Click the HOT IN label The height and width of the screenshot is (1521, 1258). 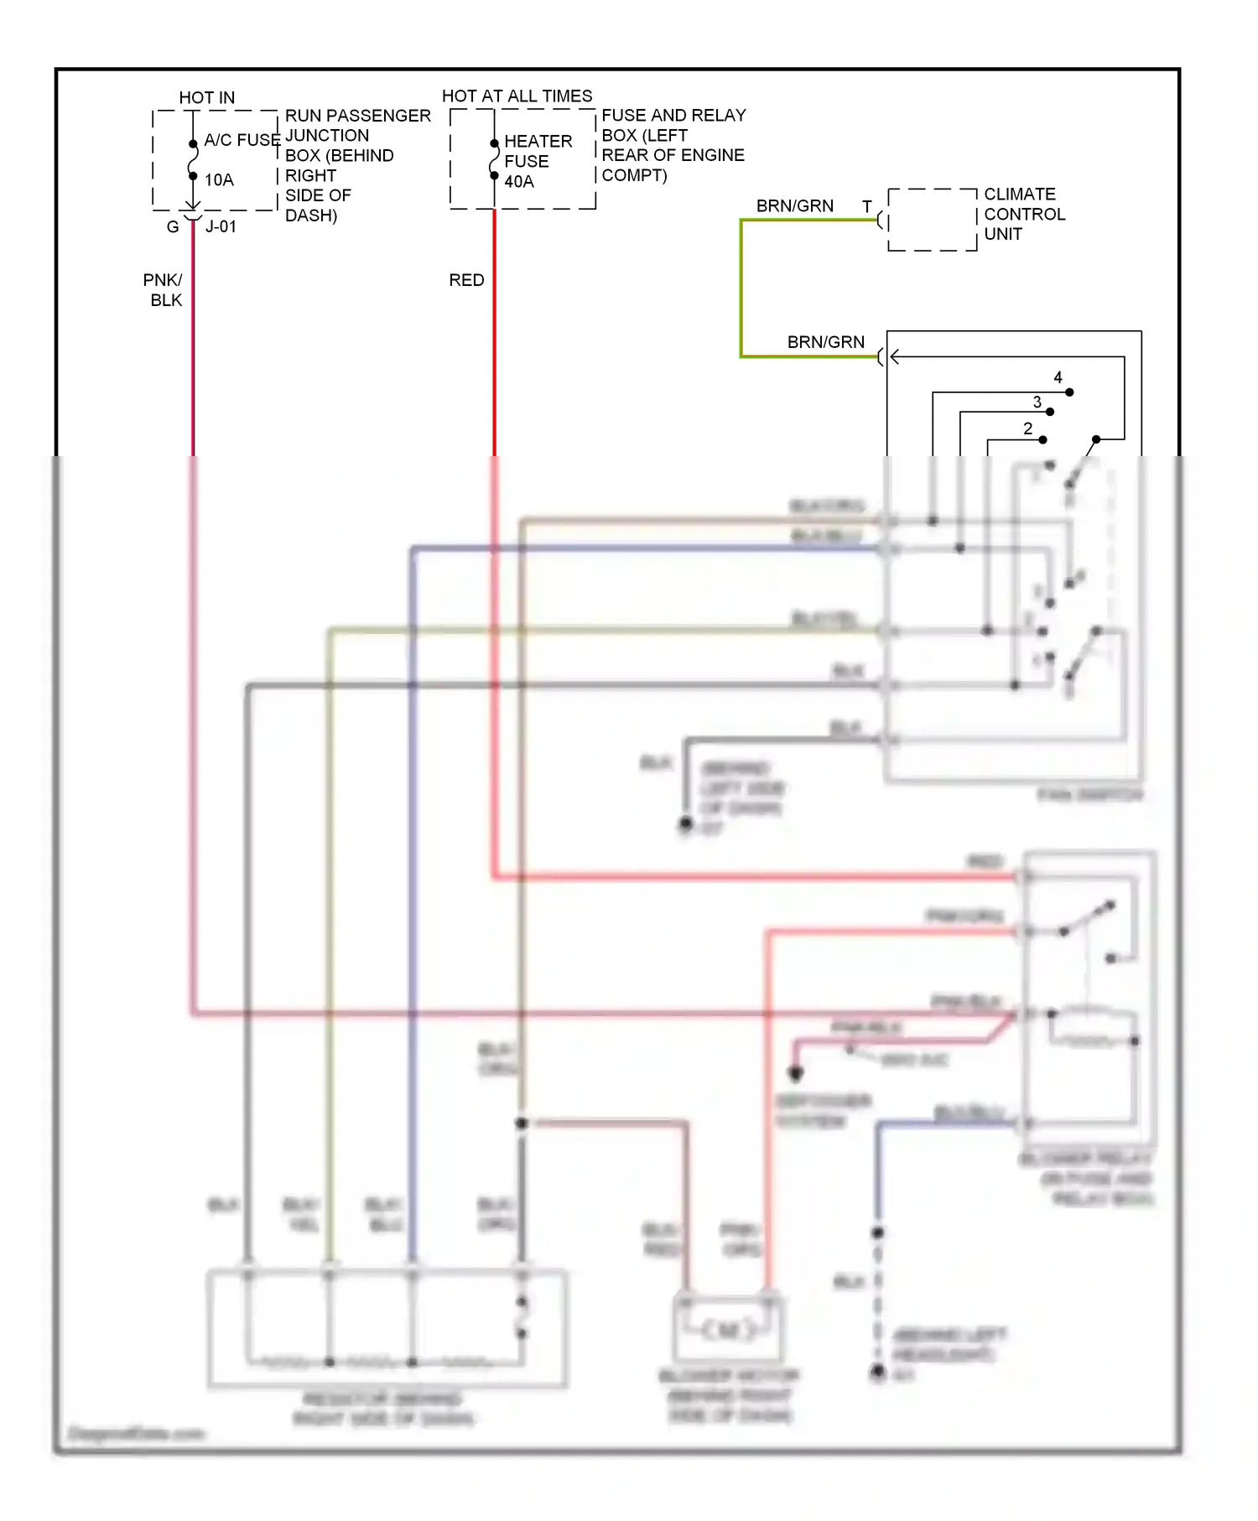(x=206, y=98)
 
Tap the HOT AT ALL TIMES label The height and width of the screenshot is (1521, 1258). (x=517, y=96)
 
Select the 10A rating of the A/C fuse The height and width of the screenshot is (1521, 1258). (x=219, y=180)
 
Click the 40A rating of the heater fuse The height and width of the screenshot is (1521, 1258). (x=519, y=182)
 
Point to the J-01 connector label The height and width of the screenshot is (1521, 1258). (x=221, y=227)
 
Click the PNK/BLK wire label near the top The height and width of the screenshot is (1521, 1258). (x=163, y=290)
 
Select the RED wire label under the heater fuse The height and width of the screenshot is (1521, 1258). (x=466, y=280)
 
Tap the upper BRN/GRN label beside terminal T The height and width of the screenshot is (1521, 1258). (x=794, y=206)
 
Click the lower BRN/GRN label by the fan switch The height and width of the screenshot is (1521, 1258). (x=825, y=342)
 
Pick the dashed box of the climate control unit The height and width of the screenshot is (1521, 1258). (x=932, y=220)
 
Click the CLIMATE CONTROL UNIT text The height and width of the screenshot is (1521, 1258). (x=1024, y=215)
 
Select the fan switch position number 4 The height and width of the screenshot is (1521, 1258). (x=1058, y=378)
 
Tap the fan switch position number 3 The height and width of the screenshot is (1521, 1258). (x=1037, y=402)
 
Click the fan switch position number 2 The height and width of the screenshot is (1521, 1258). (x=1028, y=428)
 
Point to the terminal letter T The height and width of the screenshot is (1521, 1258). (x=867, y=206)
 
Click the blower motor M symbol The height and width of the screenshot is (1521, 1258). (x=728, y=1330)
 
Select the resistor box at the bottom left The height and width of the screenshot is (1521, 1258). (x=387, y=1329)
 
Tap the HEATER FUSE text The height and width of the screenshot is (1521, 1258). (x=538, y=152)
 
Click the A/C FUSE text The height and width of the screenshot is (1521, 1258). (x=242, y=140)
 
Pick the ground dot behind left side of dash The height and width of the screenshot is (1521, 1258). (x=685, y=824)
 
